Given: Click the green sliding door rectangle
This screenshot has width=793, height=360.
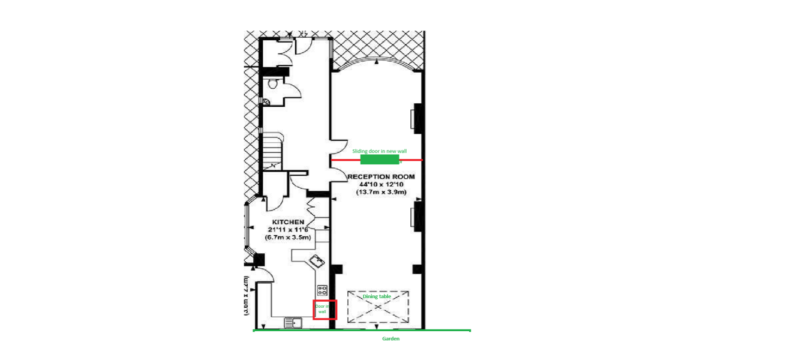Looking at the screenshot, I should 380,160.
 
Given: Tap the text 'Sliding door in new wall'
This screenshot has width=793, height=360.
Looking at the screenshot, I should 379,151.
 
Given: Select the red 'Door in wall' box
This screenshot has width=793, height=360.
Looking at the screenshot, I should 325,310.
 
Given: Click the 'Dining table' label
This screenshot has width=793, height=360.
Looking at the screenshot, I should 377,296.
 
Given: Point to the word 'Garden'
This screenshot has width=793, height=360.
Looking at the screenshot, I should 391,339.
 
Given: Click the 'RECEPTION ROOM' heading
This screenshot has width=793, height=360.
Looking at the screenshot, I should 381,176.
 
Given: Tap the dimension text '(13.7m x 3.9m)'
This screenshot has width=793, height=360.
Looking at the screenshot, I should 381,192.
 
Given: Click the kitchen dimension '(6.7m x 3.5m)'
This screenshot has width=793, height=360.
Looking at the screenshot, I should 289,238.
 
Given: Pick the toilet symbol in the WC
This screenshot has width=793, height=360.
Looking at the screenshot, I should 273,83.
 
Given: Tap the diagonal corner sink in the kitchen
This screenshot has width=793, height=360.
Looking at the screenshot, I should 316,262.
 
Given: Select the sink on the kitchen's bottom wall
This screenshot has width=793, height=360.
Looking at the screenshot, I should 293,323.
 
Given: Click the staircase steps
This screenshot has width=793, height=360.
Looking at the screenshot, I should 273,150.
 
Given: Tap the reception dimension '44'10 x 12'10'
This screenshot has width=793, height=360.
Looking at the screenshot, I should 381,184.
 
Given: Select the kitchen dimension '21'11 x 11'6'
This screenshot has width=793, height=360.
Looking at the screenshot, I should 289,230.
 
